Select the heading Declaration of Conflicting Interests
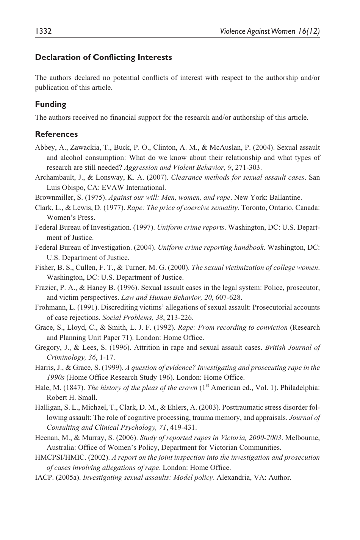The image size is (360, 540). coord(103,58)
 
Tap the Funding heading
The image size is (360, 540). coord(50,104)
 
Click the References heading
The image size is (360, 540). coord(56,134)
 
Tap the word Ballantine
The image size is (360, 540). coord(286,197)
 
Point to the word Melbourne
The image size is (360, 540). coord(302,438)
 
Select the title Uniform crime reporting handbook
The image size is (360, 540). coord(210,247)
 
